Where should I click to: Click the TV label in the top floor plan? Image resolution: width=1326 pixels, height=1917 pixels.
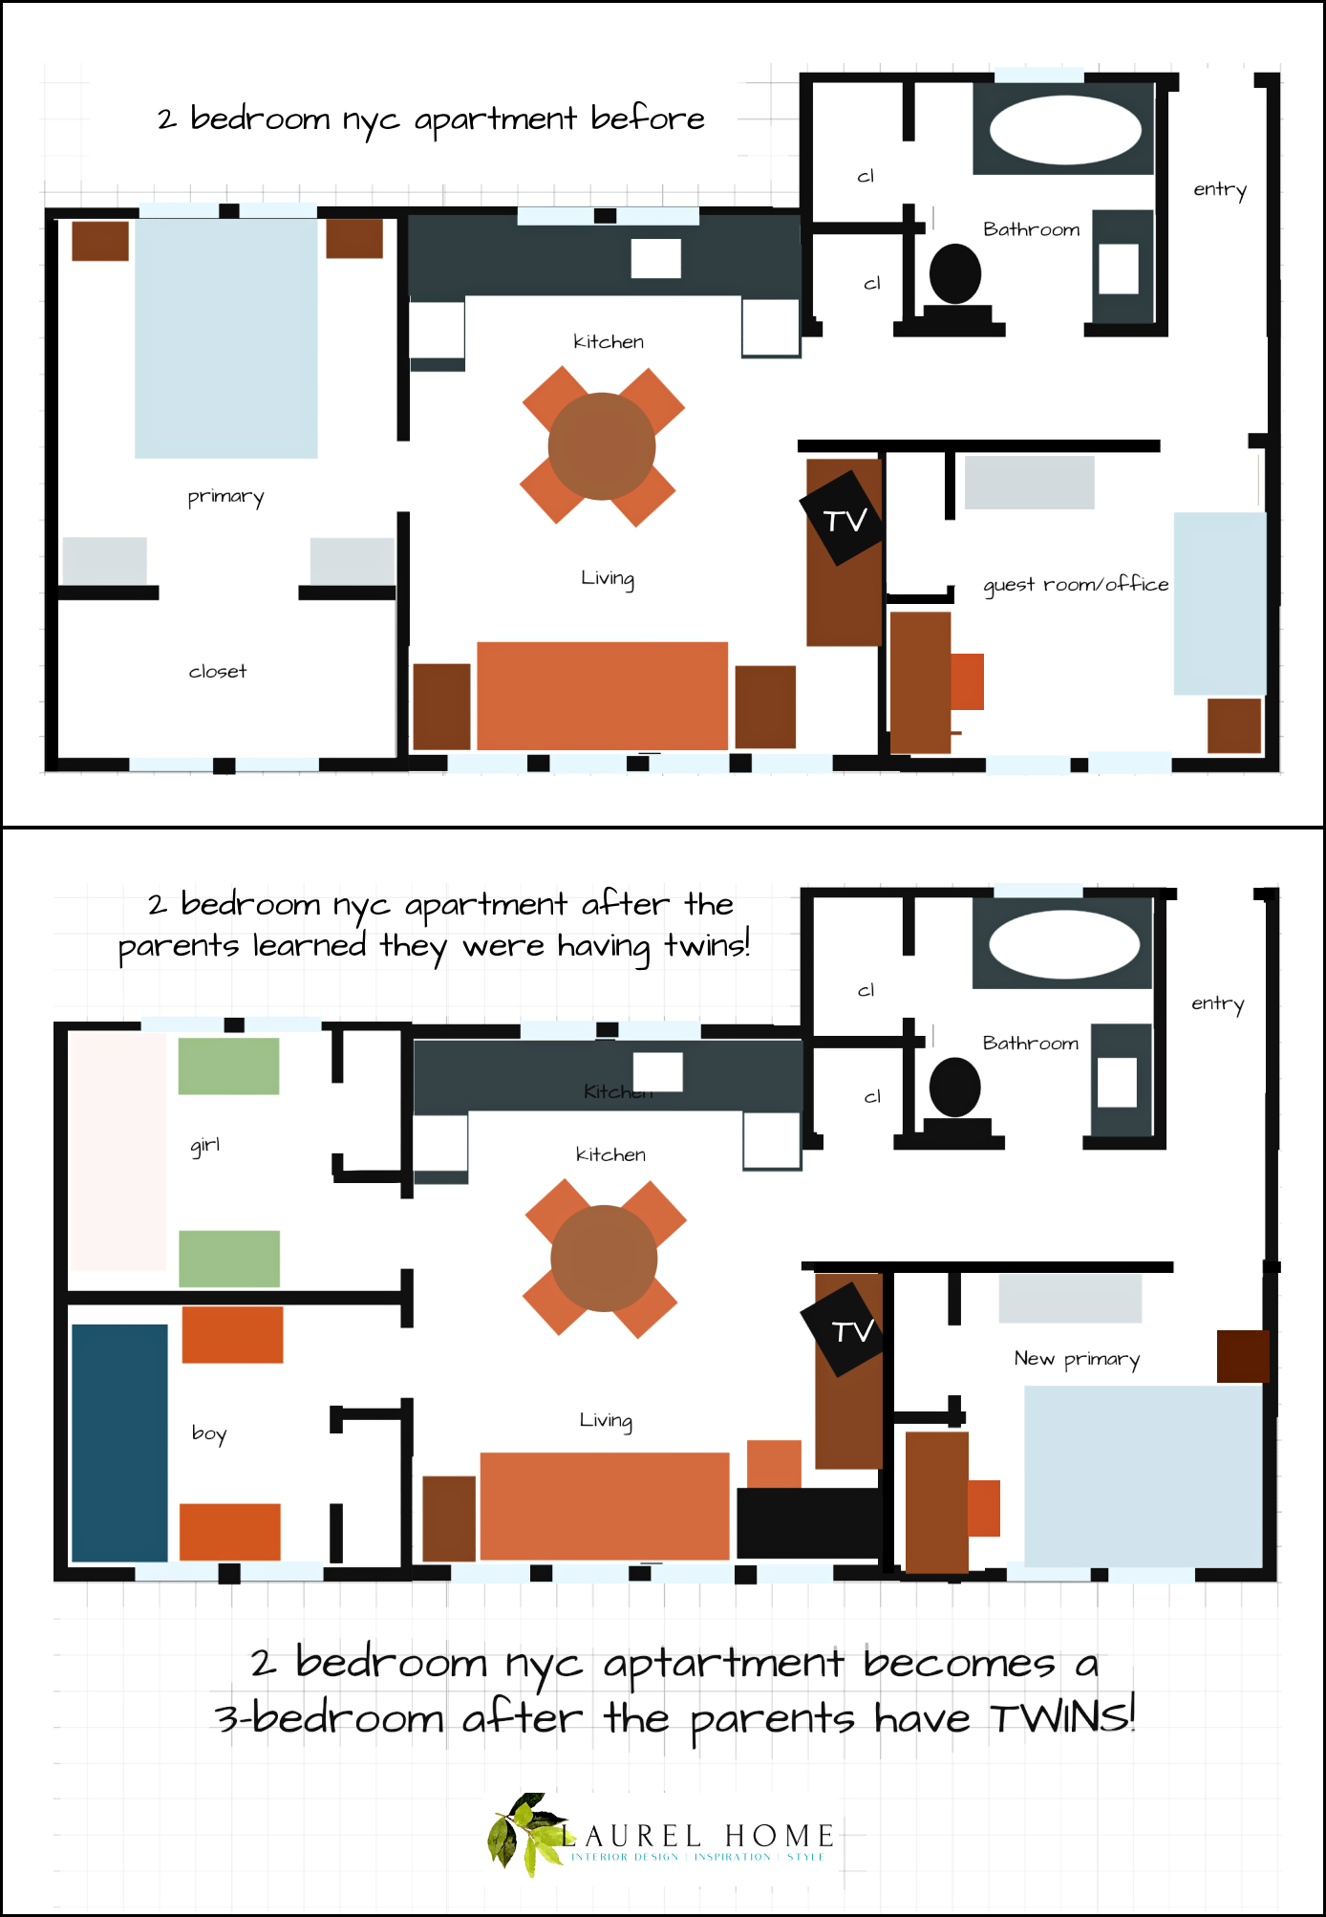[x=845, y=520]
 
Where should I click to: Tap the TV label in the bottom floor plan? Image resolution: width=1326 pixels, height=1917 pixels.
[x=852, y=1331]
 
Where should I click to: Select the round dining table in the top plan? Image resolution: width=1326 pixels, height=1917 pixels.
[x=602, y=446]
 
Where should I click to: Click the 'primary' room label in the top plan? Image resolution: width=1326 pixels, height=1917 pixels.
[x=225, y=496]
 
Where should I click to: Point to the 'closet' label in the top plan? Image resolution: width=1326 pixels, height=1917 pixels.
[x=218, y=672]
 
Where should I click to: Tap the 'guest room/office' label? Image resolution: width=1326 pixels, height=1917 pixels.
[x=1076, y=584]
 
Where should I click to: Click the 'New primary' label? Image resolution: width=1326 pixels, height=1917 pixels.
[x=1077, y=1359]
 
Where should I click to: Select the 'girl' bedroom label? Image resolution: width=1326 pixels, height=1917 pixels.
[x=205, y=1145]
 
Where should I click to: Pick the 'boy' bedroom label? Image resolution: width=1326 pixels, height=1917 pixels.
[x=209, y=1433]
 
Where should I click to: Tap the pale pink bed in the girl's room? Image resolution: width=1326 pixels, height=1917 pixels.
[x=118, y=1152]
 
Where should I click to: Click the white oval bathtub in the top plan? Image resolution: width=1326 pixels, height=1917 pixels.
[x=1065, y=130]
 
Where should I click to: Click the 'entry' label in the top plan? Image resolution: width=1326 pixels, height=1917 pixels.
[x=1220, y=189]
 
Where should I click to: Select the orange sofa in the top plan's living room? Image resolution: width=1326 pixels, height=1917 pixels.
[x=602, y=695]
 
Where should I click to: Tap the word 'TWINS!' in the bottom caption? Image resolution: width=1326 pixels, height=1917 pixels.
[x=1061, y=1716]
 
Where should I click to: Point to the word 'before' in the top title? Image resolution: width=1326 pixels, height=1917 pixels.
[x=647, y=118]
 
